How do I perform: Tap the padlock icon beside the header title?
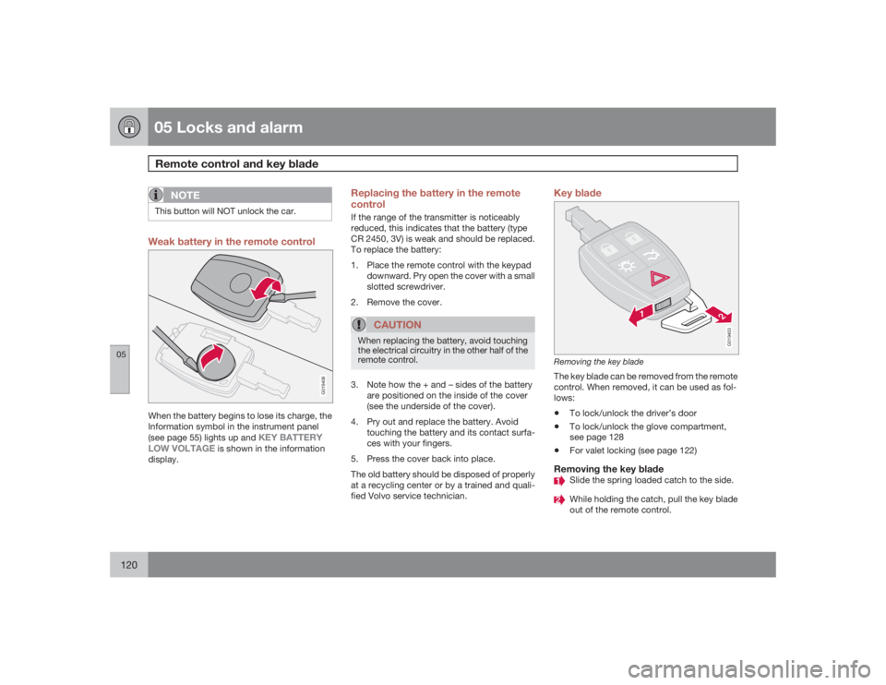pyautogui.click(x=127, y=126)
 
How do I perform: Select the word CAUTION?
pyautogui.click(x=398, y=325)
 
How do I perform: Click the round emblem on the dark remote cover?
pyautogui.click(x=240, y=282)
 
